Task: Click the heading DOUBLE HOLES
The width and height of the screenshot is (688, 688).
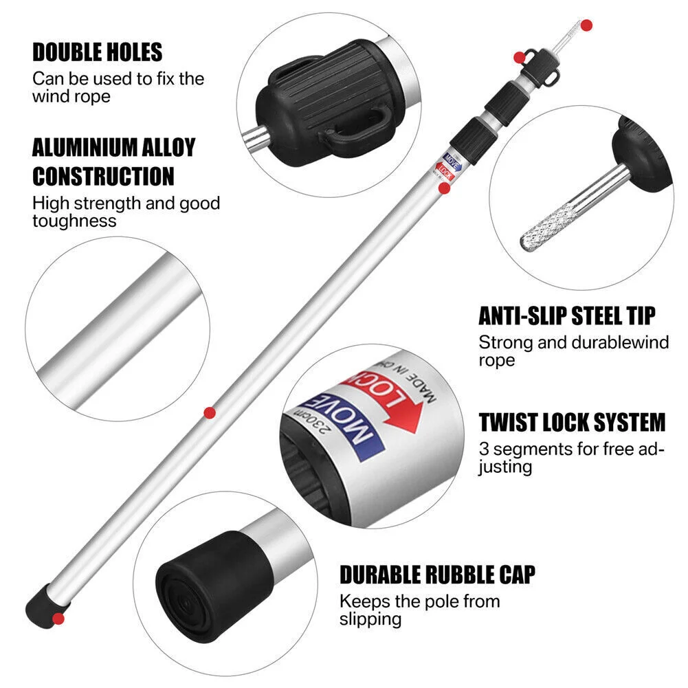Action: click(98, 52)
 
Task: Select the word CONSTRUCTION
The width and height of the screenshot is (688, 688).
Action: click(103, 177)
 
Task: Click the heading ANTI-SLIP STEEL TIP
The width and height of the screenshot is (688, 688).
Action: click(567, 316)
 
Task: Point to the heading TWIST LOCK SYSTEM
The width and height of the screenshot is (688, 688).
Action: click(572, 422)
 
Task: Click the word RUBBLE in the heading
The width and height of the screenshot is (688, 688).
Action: click(446, 575)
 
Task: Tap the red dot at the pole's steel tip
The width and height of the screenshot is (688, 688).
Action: click(587, 25)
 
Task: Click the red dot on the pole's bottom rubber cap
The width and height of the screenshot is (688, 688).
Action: click(58, 619)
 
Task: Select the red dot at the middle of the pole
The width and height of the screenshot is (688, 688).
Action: click(210, 413)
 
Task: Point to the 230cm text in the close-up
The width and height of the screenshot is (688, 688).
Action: click(310, 421)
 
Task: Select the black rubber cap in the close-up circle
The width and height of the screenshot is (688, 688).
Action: click(214, 586)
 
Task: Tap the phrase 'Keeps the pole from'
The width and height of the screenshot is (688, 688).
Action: click(419, 601)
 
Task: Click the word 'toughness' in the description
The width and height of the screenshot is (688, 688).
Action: click(75, 221)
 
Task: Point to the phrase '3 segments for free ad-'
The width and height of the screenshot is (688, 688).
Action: click(572, 449)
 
